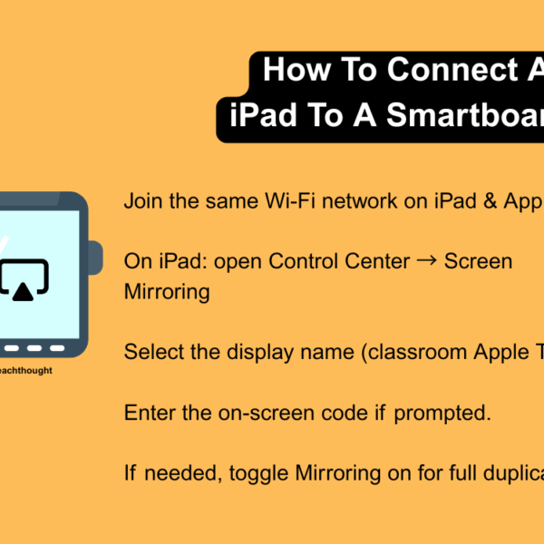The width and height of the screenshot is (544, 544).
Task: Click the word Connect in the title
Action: click(446, 70)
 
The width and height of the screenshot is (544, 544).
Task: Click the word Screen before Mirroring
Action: click(478, 261)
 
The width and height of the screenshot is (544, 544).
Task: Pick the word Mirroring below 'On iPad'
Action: click(167, 291)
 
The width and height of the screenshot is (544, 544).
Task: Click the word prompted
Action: click(444, 413)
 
